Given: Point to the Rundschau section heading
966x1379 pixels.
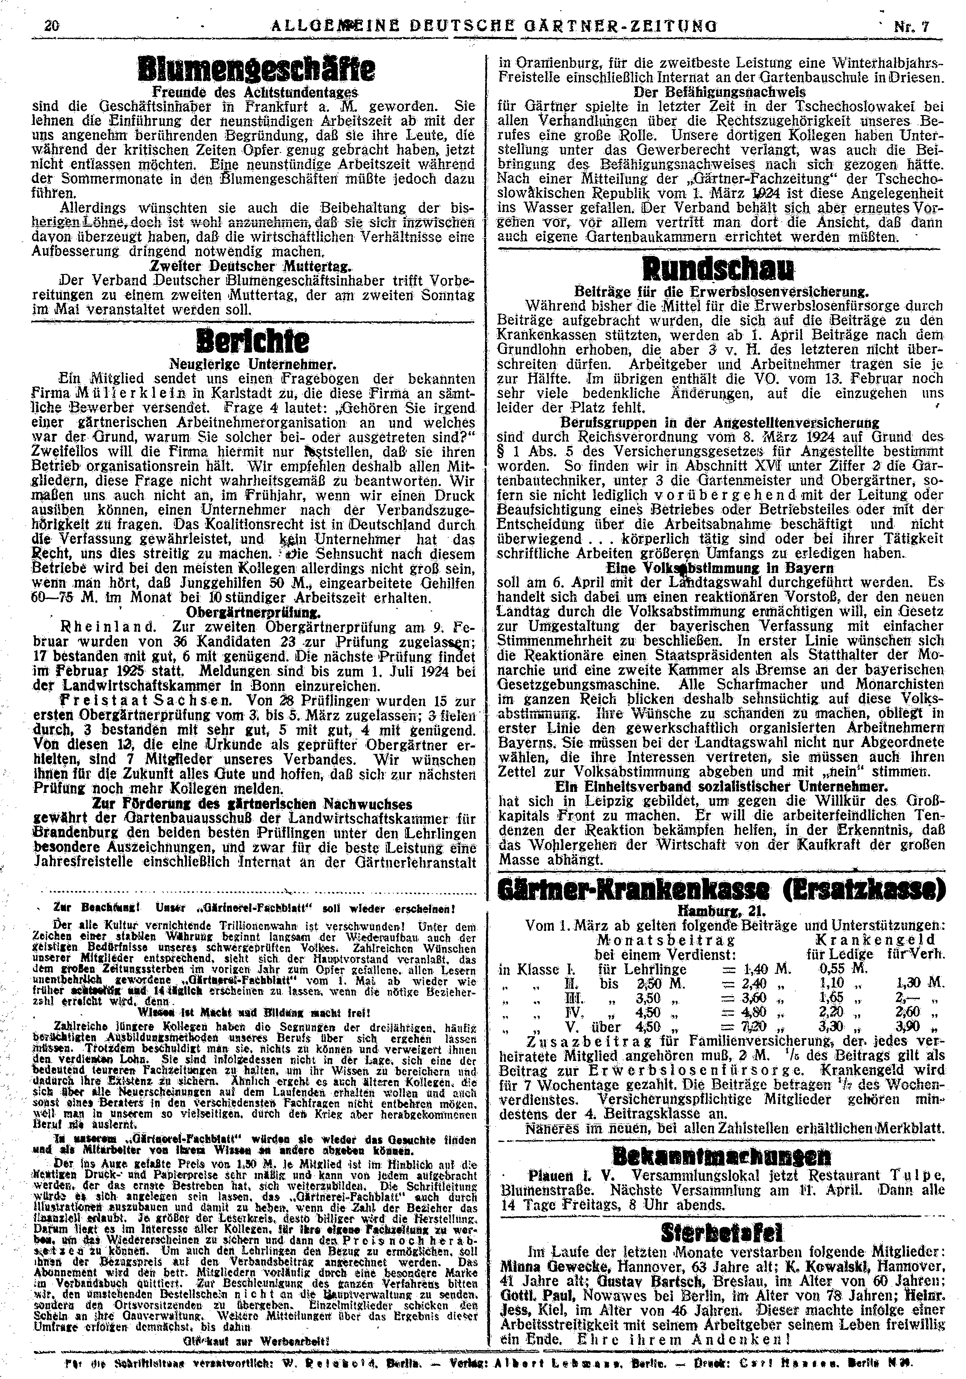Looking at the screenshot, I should [x=718, y=268].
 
